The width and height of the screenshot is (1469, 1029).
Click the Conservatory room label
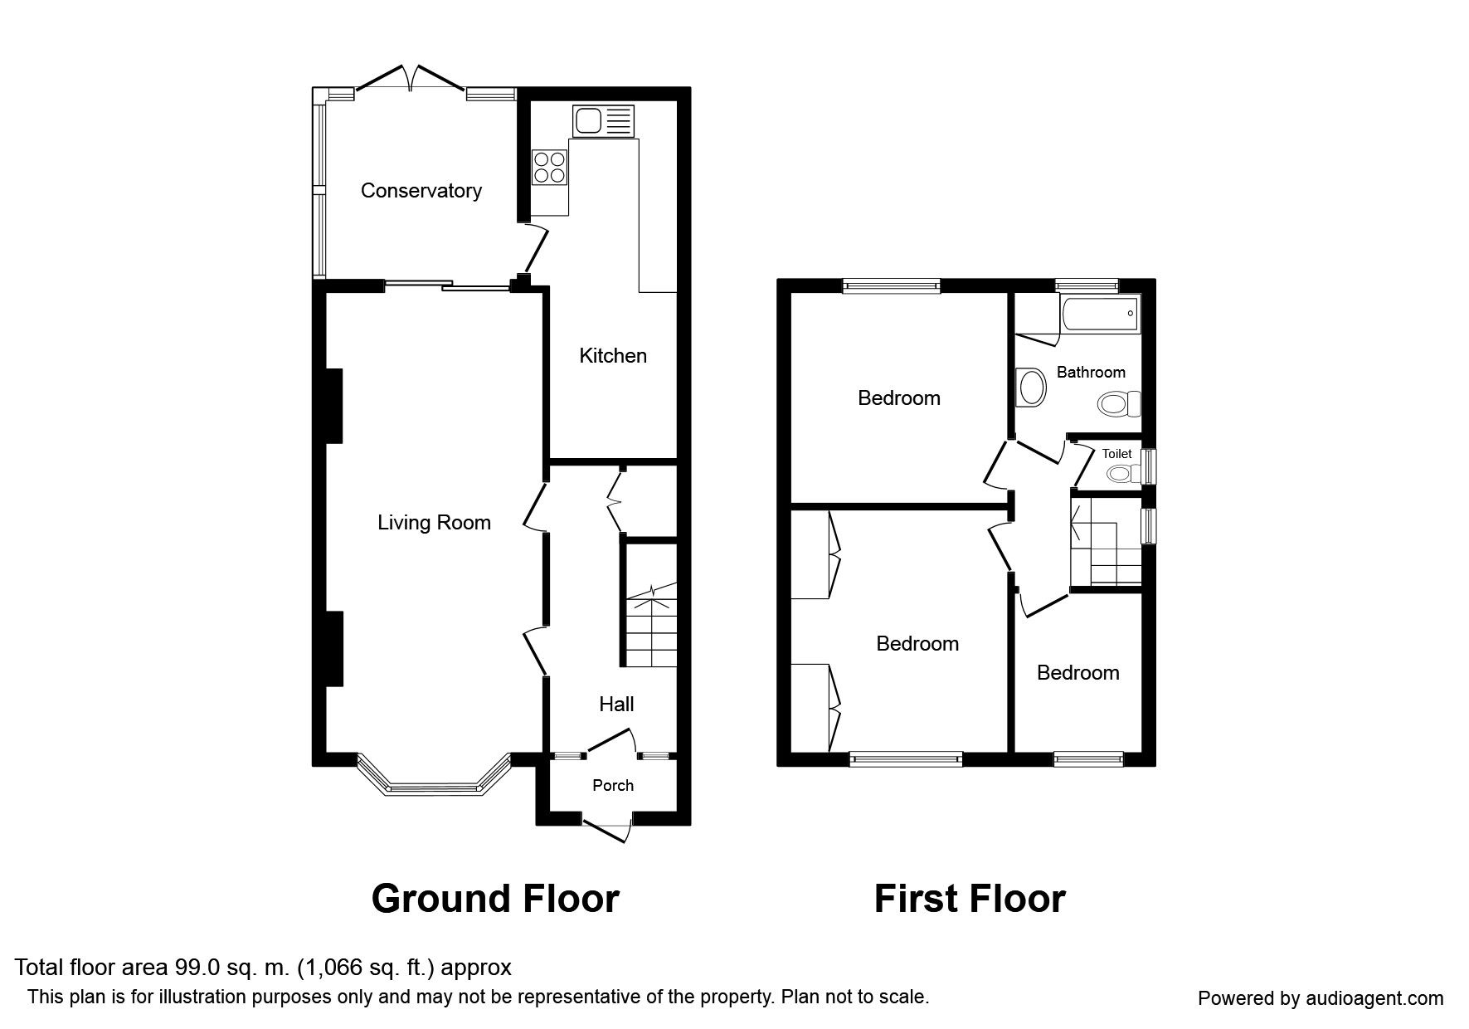click(421, 191)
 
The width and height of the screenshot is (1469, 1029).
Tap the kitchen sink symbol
click(603, 121)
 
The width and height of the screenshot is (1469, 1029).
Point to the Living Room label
click(434, 523)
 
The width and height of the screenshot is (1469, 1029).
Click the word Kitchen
click(613, 356)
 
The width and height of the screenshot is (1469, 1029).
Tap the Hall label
click(616, 705)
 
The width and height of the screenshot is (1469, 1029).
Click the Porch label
click(613, 785)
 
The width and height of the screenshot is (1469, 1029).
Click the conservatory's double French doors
click(410, 76)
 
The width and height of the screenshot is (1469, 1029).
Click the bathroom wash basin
click(1032, 388)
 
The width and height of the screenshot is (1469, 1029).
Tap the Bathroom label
click(1091, 373)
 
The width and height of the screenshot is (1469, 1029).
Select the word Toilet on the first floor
click(1116, 454)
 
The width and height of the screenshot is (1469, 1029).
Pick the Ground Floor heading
click(495, 899)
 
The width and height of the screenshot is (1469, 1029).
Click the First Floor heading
click(970, 899)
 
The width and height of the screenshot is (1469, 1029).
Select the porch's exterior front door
click(607, 829)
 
